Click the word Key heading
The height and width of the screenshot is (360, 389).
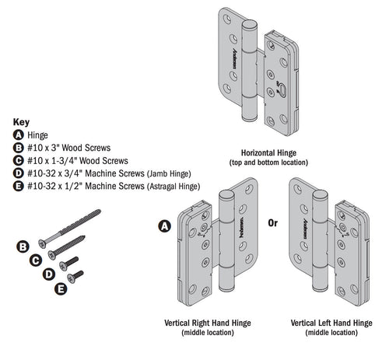[22, 122]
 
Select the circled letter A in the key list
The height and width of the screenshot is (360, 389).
[19, 134]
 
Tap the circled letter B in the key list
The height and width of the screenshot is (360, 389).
[19, 147]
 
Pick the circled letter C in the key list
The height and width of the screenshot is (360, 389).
[19, 160]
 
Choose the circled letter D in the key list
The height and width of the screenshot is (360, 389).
[19, 173]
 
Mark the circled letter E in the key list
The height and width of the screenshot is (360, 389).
[19, 187]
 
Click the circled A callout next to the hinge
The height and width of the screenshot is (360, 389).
[164, 226]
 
